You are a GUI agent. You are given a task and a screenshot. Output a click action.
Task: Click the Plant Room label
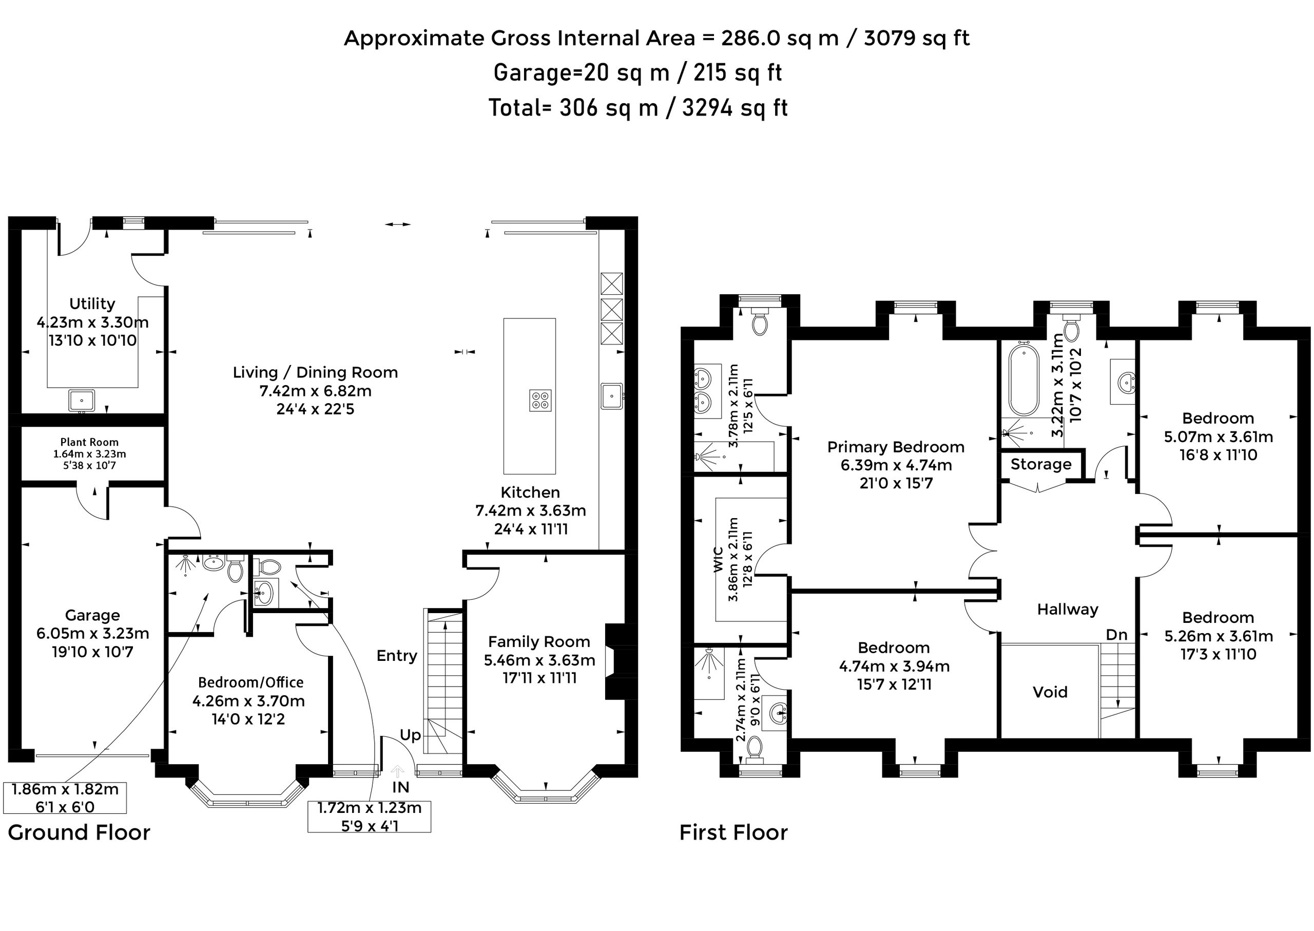pos(89,442)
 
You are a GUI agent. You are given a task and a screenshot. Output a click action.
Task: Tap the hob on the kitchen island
pos(540,400)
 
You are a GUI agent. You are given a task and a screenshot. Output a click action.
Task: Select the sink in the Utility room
pos(82,400)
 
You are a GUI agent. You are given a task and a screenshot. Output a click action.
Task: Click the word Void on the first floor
pos(1050,692)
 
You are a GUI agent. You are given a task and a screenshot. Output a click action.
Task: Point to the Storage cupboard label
pos(1040,464)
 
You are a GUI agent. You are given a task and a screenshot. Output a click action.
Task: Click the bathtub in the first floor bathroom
pos(1023,379)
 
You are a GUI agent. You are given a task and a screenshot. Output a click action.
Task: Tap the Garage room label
pos(92,615)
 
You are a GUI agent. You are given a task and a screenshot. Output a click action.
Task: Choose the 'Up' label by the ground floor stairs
pos(410,735)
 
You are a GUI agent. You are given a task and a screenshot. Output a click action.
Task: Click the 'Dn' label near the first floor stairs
pos(1116,635)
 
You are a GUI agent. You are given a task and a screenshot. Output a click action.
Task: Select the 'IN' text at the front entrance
pos(400,787)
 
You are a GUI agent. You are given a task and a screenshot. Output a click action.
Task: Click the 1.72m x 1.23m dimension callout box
pos(369,817)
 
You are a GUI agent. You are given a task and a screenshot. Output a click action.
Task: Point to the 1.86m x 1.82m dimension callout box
pos(65,798)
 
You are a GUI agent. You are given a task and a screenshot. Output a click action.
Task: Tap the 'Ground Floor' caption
pos(79,832)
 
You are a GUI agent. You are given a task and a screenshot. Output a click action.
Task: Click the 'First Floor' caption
pos(733,832)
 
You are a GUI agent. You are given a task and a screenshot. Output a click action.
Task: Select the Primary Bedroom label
pos(896,447)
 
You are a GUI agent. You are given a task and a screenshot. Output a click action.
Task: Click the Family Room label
pos(538,641)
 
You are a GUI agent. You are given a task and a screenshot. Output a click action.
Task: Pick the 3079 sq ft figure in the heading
pos(917,39)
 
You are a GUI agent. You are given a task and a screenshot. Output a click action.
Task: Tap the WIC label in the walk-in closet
pos(719,560)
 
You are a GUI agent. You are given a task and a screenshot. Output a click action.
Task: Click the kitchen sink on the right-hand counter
pos(612,395)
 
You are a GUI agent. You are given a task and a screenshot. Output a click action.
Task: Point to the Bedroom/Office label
pos(250,682)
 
